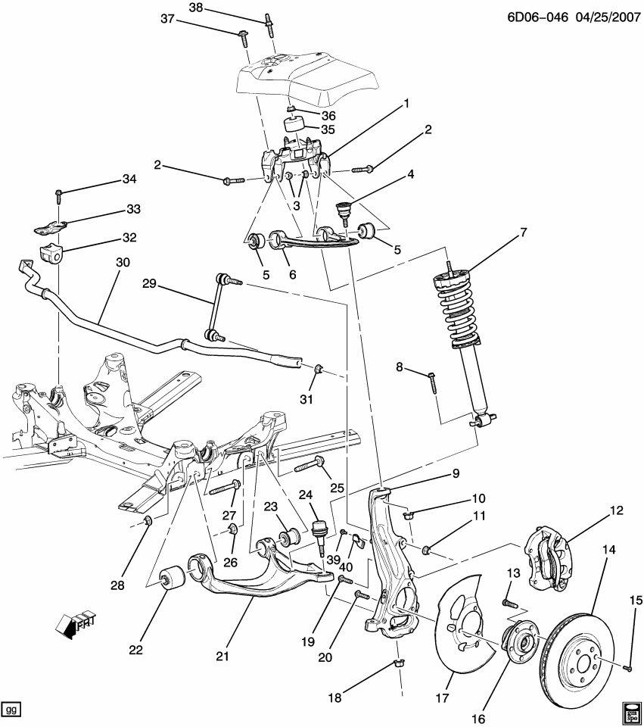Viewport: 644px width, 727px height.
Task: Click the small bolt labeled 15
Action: (x=629, y=667)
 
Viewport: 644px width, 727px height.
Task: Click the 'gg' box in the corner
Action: (x=11, y=710)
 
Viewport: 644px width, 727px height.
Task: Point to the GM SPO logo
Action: (x=630, y=711)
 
